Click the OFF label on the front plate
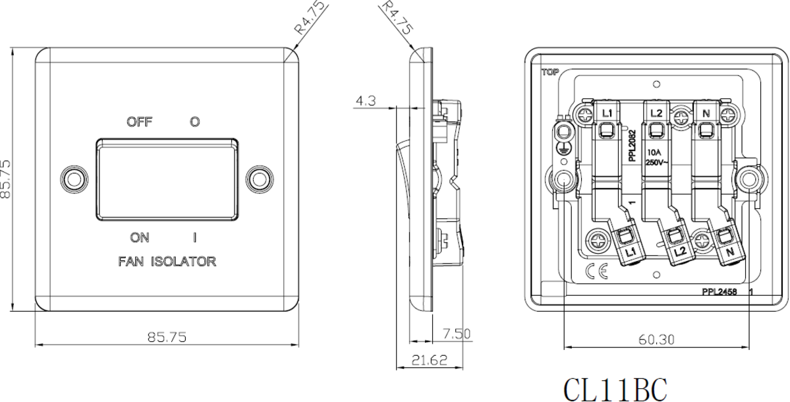coord(140,122)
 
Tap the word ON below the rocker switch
coord(139,237)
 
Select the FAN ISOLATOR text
coord(167,262)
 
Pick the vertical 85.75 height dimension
coord(6,179)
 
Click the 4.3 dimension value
coord(366,101)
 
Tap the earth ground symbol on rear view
coord(563,150)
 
